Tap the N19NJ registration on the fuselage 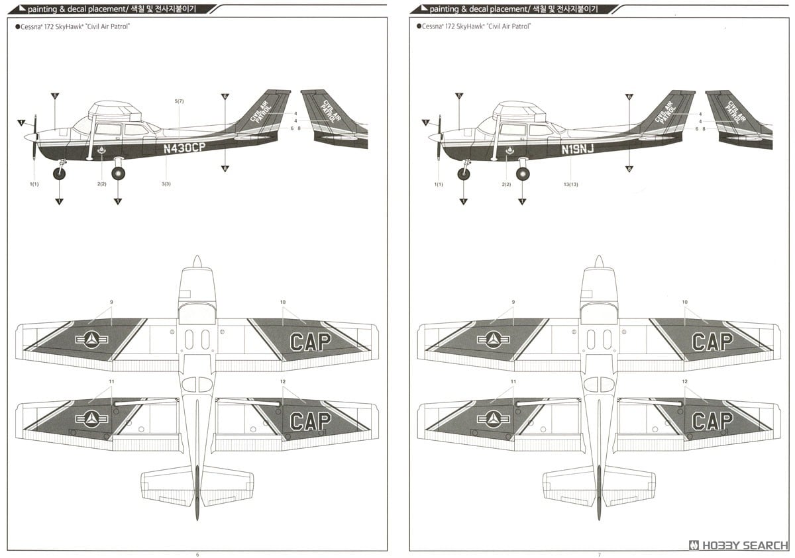(578, 149)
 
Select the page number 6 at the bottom (197, 553)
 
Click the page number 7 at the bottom (598, 553)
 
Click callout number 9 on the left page (111, 302)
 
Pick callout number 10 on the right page (685, 302)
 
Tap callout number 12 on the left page (283, 382)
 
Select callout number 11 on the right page (513, 382)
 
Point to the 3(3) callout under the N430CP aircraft (166, 183)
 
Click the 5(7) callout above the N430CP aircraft (179, 101)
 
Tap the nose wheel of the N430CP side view (60, 174)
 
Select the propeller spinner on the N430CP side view (30, 137)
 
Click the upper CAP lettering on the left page (310, 342)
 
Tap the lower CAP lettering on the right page (712, 420)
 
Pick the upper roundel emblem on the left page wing (92, 340)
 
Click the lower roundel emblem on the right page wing (493, 419)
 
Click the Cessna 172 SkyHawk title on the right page (474, 26)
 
